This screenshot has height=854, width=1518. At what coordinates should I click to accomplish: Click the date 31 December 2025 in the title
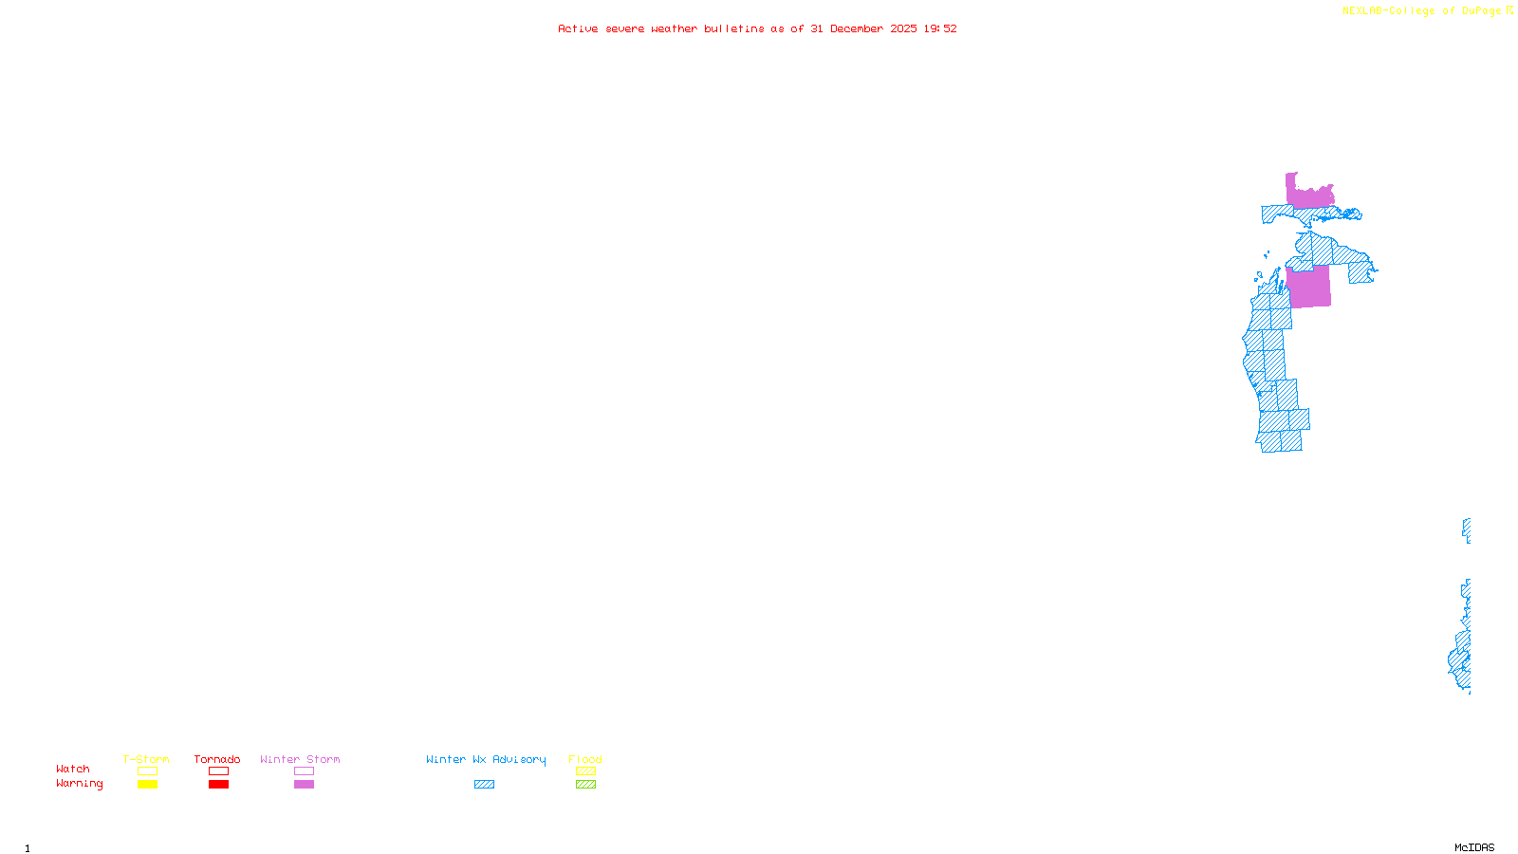click(863, 28)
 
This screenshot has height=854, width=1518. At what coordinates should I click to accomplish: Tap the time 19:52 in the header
click(940, 28)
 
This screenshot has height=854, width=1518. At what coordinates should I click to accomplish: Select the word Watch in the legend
click(73, 769)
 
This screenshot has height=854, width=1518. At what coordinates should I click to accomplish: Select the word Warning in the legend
click(79, 784)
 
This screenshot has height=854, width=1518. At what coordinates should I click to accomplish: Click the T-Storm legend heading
click(146, 759)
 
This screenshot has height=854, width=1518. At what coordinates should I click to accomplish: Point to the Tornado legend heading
click(217, 759)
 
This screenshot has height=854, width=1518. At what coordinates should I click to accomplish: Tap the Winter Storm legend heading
click(300, 759)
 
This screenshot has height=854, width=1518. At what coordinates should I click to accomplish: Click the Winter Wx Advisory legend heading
click(486, 759)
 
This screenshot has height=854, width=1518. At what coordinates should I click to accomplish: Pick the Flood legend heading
click(585, 759)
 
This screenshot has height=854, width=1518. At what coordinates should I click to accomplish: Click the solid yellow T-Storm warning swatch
click(147, 785)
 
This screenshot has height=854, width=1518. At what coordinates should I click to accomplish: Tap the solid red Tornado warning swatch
click(218, 785)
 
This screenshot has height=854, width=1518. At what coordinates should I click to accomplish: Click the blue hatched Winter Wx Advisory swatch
click(484, 785)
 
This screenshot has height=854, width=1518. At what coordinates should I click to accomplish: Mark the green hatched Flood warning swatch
click(585, 785)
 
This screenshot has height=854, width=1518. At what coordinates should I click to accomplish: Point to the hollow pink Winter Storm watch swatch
click(304, 771)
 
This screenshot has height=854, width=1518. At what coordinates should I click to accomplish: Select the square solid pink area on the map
click(1309, 287)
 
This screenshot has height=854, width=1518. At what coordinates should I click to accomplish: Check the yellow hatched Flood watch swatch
click(585, 771)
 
